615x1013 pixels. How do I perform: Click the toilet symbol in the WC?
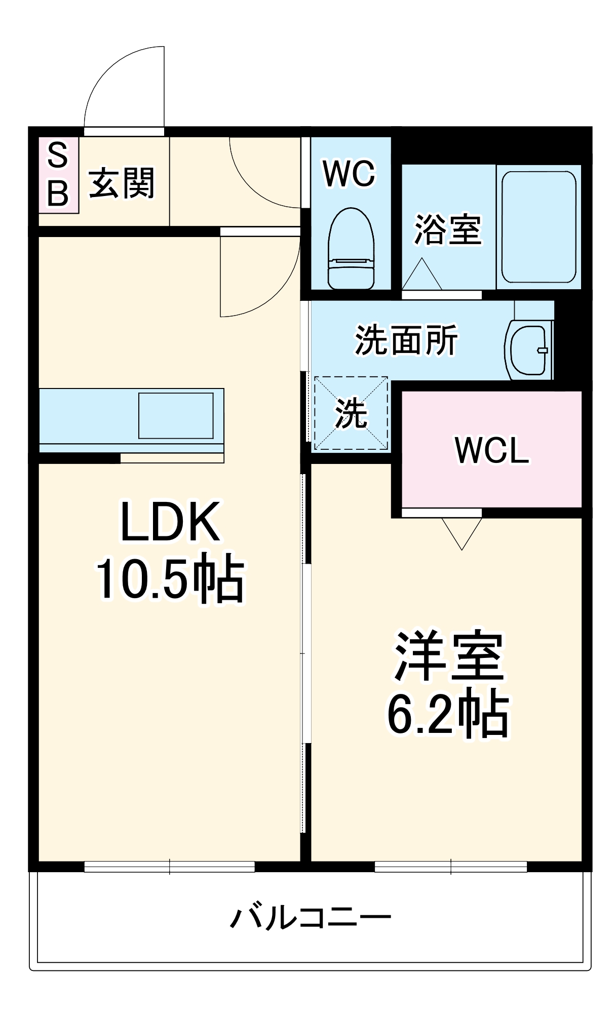[351, 248]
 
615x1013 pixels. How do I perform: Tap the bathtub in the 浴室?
[539, 226]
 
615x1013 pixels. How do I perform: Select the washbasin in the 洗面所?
[529, 350]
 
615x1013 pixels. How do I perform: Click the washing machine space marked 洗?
[351, 413]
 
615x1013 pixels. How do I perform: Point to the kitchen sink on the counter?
[176, 415]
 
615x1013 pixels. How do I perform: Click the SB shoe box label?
[58, 174]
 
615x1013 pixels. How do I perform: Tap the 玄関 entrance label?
[122, 183]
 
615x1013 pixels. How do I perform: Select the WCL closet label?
[491, 450]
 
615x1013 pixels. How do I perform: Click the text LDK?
[170, 522]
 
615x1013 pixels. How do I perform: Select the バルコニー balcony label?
[311, 917]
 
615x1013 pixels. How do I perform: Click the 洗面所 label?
[406, 340]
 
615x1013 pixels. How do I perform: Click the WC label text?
[349, 174]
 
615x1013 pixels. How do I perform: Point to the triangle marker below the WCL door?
[462, 532]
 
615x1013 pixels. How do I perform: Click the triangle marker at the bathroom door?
[422, 275]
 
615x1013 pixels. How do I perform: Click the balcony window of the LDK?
[169, 867]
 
